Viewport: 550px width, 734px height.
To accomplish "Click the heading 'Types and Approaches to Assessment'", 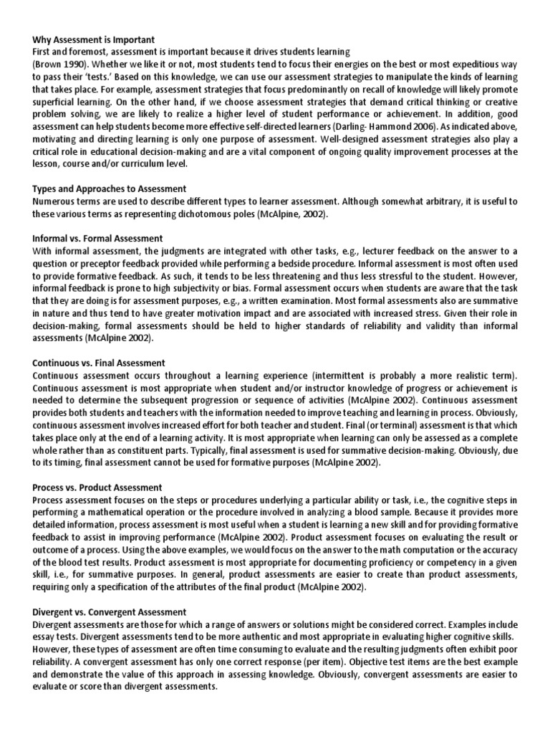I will point(110,189).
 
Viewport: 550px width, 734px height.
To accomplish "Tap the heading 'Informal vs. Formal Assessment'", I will point(97,238).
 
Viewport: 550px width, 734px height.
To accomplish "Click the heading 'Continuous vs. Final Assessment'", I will point(99,363).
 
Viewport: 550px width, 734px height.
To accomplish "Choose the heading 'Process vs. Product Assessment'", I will point(98,487).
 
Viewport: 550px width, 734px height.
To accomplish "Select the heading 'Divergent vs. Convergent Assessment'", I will point(110,611).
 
